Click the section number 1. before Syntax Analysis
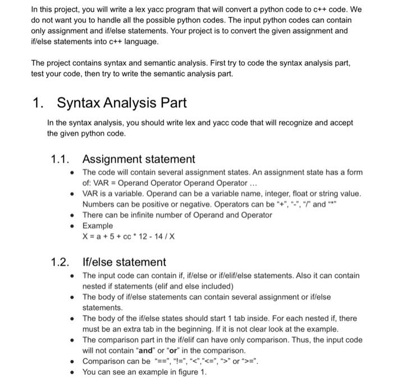(x=38, y=103)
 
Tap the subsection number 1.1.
(x=60, y=160)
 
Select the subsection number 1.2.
(x=60, y=262)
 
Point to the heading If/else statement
(x=124, y=262)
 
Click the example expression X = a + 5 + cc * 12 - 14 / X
(x=127, y=236)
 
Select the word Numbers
(x=98, y=204)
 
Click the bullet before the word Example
(x=74, y=225)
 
